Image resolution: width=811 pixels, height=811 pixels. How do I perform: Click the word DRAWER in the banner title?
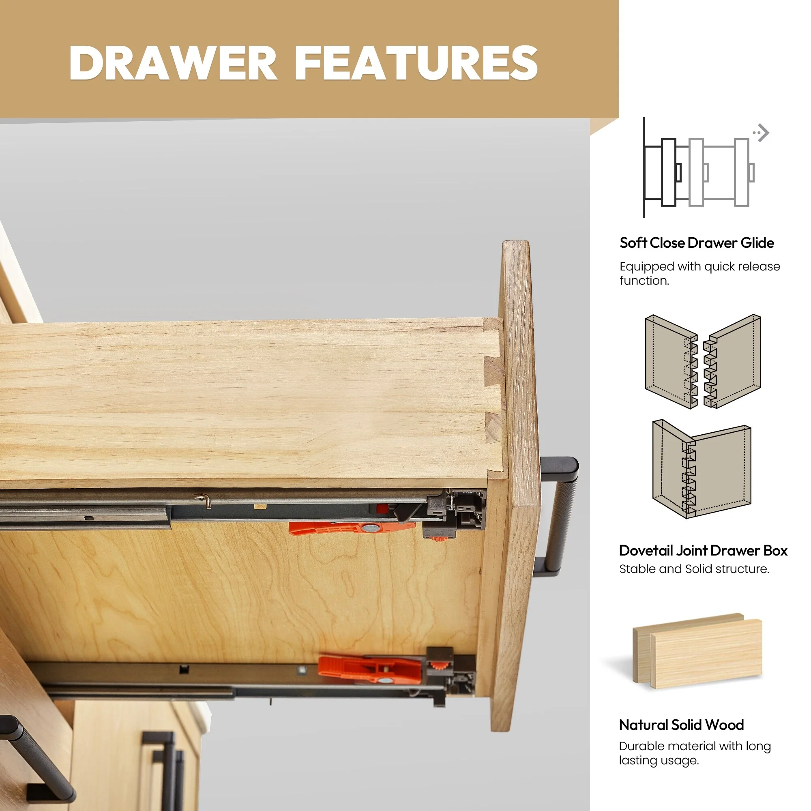pos(173,63)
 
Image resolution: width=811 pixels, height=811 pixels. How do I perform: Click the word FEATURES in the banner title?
pos(416,63)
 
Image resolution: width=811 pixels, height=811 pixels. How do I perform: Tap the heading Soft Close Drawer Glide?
pos(697,242)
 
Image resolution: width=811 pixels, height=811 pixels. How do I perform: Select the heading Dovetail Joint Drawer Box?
pos(703,550)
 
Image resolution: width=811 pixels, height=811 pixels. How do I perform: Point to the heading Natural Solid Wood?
pos(681,725)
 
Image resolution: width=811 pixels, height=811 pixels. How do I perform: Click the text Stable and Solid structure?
pos(694,569)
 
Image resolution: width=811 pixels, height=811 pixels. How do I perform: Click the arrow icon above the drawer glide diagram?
pos(762,133)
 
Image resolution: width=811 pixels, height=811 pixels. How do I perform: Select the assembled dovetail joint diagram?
pos(702,469)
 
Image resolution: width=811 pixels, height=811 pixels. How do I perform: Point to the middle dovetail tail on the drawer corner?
pos(493,371)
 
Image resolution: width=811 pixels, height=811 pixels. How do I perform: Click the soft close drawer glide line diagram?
pos(699,168)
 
